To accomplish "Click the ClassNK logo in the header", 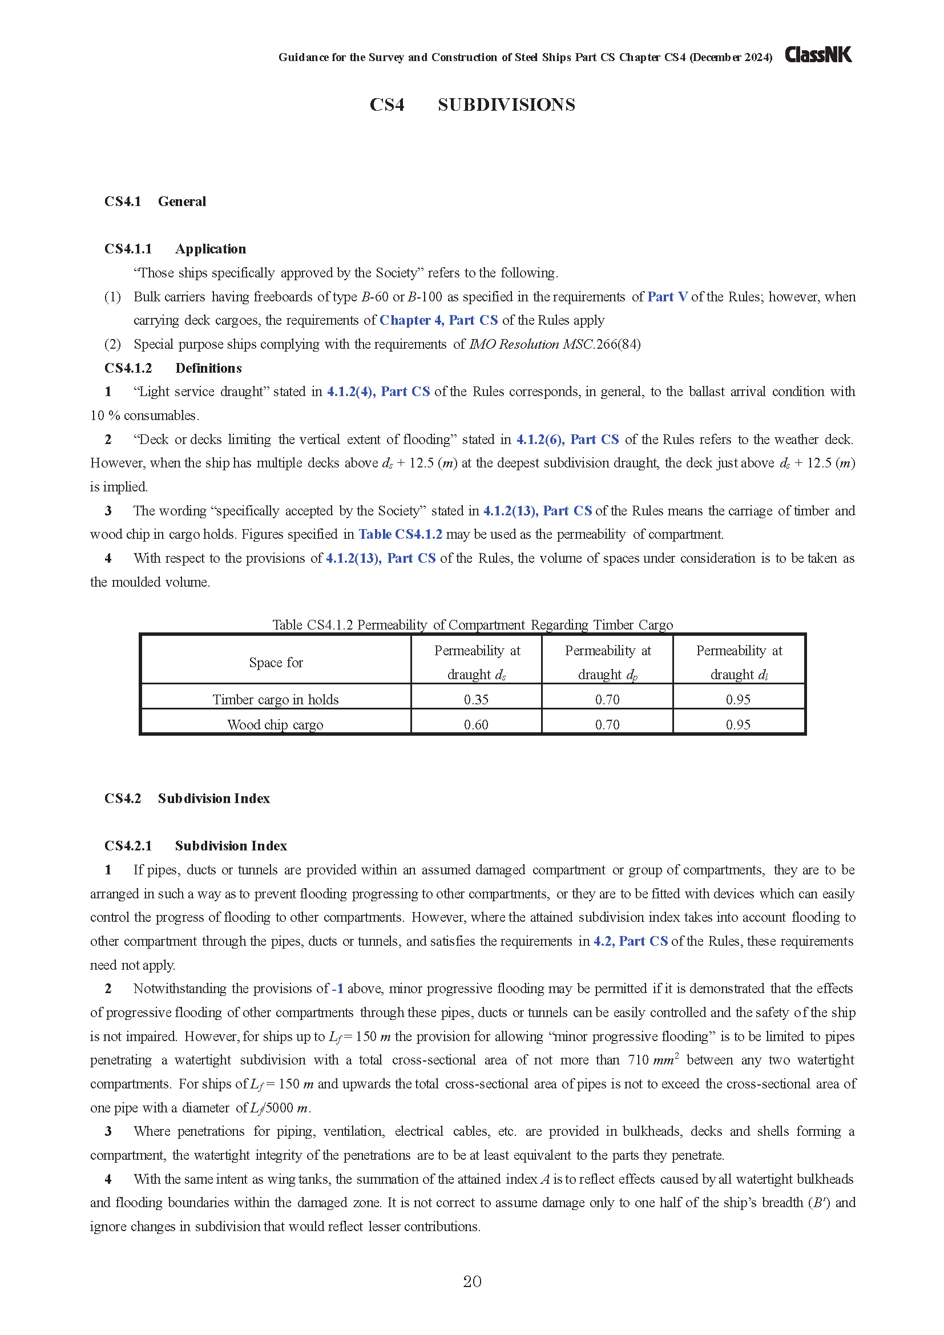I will (x=818, y=55).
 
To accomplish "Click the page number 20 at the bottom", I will (x=472, y=1281).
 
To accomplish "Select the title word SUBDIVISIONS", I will (x=506, y=105).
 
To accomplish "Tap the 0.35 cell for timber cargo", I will (x=476, y=700).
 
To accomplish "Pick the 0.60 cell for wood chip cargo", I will (x=476, y=724).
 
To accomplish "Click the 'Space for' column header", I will (x=276, y=662).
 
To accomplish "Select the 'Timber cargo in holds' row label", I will (x=276, y=700).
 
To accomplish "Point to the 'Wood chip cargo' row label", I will (x=276, y=724).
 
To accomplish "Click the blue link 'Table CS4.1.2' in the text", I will (x=400, y=534).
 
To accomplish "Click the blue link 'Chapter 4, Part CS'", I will (x=439, y=320).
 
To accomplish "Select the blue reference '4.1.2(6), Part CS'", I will (x=567, y=439).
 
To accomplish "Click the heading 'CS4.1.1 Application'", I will (x=175, y=249).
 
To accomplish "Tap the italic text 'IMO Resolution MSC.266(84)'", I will (x=555, y=344).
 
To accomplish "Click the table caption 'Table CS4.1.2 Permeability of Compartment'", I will (x=472, y=624).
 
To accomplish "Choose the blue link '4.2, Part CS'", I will (x=630, y=941).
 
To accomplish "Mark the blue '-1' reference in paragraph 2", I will (x=338, y=989).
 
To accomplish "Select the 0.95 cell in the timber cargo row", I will (x=738, y=700).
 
